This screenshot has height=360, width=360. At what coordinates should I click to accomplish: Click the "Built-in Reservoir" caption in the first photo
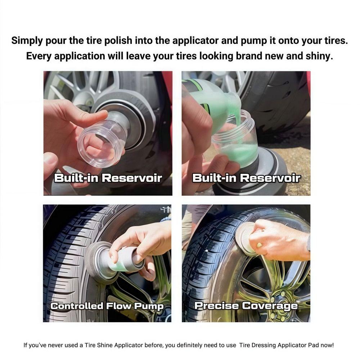pyautogui.click(x=108, y=178)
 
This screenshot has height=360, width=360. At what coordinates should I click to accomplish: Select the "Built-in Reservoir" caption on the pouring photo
pyautogui.click(x=246, y=178)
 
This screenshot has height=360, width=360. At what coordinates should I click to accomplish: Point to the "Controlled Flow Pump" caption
pyautogui.click(x=107, y=306)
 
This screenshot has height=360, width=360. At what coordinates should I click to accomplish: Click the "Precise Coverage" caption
pyautogui.click(x=246, y=306)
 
